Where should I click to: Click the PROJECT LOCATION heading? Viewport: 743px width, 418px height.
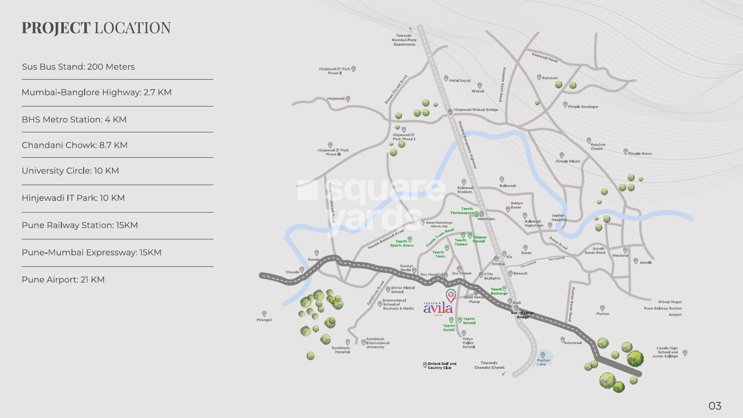[x=96, y=28]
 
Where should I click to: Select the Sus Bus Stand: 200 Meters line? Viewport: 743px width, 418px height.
[x=78, y=67]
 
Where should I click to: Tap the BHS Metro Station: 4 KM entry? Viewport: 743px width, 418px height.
[x=74, y=120]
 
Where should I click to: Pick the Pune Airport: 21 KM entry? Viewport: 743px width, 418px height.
[x=63, y=280]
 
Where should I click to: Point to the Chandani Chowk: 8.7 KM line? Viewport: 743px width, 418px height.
[x=75, y=145]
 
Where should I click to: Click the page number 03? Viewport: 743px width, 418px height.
[x=715, y=406]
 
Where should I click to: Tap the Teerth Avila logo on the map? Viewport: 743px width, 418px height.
[x=438, y=307]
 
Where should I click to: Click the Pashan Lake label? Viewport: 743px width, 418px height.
[x=543, y=362]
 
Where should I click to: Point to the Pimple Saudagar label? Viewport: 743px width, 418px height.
[x=583, y=107]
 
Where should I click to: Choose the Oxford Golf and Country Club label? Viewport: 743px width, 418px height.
[x=442, y=365]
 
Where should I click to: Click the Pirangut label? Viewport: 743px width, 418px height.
[x=264, y=320]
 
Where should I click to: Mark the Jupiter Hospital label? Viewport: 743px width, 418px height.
[x=558, y=218]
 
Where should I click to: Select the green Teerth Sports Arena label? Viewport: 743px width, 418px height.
[x=401, y=243]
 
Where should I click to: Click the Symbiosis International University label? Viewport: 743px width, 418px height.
[x=375, y=343]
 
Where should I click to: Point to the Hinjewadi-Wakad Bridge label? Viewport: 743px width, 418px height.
[x=475, y=110]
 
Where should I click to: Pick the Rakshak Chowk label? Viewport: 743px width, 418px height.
[x=598, y=147]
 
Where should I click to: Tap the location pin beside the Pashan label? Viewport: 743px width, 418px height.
[x=602, y=308]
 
